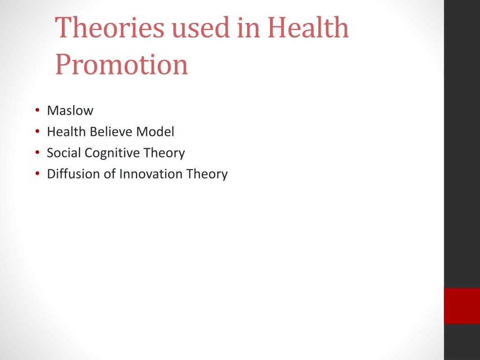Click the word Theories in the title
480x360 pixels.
(x=110, y=27)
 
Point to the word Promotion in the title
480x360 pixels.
(x=121, y=65)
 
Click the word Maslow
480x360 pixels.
(x=70, y=111)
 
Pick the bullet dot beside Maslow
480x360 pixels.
(x=37, y=110)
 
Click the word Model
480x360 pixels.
(x=155, y=132)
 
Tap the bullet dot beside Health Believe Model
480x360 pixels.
(x=37, y=131)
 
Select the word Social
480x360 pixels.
(x=64, y=153)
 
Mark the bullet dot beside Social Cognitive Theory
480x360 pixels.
(x=37, y=152)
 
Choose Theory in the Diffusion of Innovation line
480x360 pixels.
(x=207, y=174)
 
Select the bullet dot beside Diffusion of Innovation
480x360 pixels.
(x=37, y=173)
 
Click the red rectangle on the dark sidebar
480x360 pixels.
(x=462, y=306)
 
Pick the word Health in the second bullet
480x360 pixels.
(x=67, y=132)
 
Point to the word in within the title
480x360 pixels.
(x=248, y=27)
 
